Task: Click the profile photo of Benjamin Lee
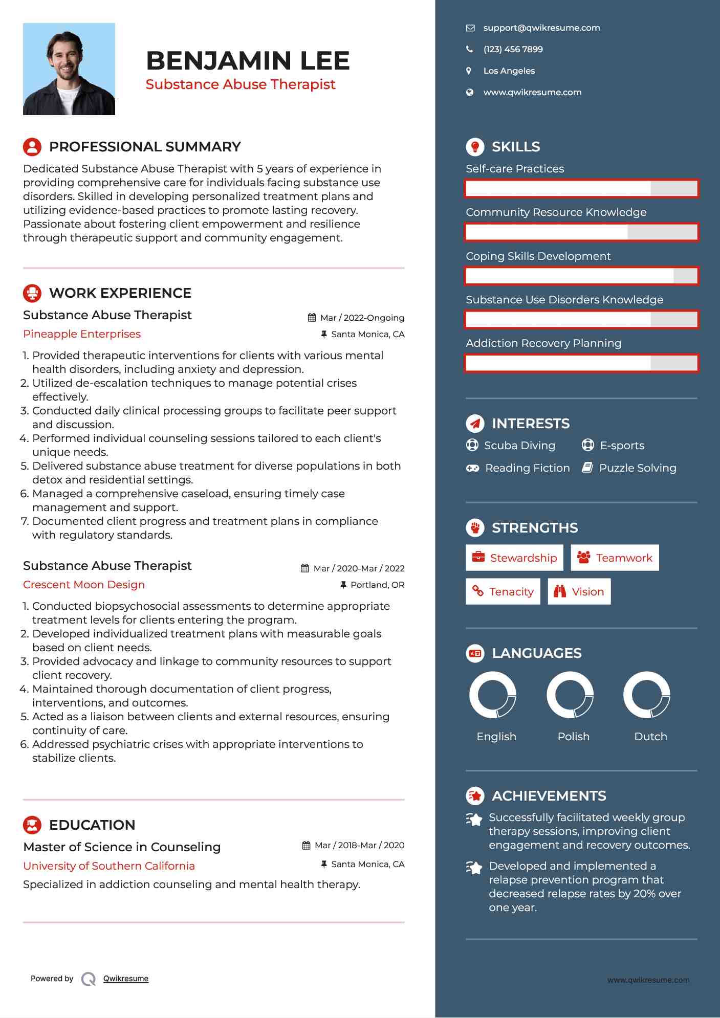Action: (69, 69)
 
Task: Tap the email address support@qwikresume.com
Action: (541, 28)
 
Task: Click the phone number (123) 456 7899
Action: (513, 50)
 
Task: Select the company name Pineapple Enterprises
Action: (82, 334)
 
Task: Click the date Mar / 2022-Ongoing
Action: (362, 318)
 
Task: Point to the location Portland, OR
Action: (377, 585)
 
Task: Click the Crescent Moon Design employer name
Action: (84, 585)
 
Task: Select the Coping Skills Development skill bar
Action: (581, 276)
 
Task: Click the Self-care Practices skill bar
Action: (581, 188)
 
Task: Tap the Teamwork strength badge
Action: (615, 558)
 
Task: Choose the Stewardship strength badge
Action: (514, 558)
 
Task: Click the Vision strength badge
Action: (579, 591)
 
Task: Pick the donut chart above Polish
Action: (570, 695)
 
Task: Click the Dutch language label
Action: (650, 737)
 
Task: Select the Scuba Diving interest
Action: (519, 446)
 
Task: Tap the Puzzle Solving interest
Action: (637, 468)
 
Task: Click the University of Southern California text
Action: (109, 866)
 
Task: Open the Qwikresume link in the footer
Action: (126, 979)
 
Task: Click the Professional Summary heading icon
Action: (32, 147)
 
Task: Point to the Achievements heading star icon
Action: (475, 796)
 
